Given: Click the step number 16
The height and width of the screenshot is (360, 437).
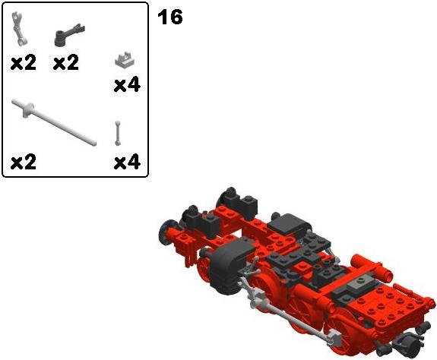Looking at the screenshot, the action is coord(170,17).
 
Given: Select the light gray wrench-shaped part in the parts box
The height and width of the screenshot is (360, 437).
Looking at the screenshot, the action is coord(19,29).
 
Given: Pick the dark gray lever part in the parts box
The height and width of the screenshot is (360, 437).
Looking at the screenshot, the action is coord(69,34).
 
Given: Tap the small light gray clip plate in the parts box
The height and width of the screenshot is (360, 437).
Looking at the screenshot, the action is coord(125,59).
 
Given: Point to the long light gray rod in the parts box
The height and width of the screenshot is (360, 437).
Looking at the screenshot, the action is coord(53,122).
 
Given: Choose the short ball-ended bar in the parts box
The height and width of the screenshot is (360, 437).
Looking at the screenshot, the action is coord(118,133).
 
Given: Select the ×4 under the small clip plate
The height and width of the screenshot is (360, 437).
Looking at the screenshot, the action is coord(127,85).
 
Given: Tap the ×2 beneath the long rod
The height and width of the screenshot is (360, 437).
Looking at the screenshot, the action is coord(24,162).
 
